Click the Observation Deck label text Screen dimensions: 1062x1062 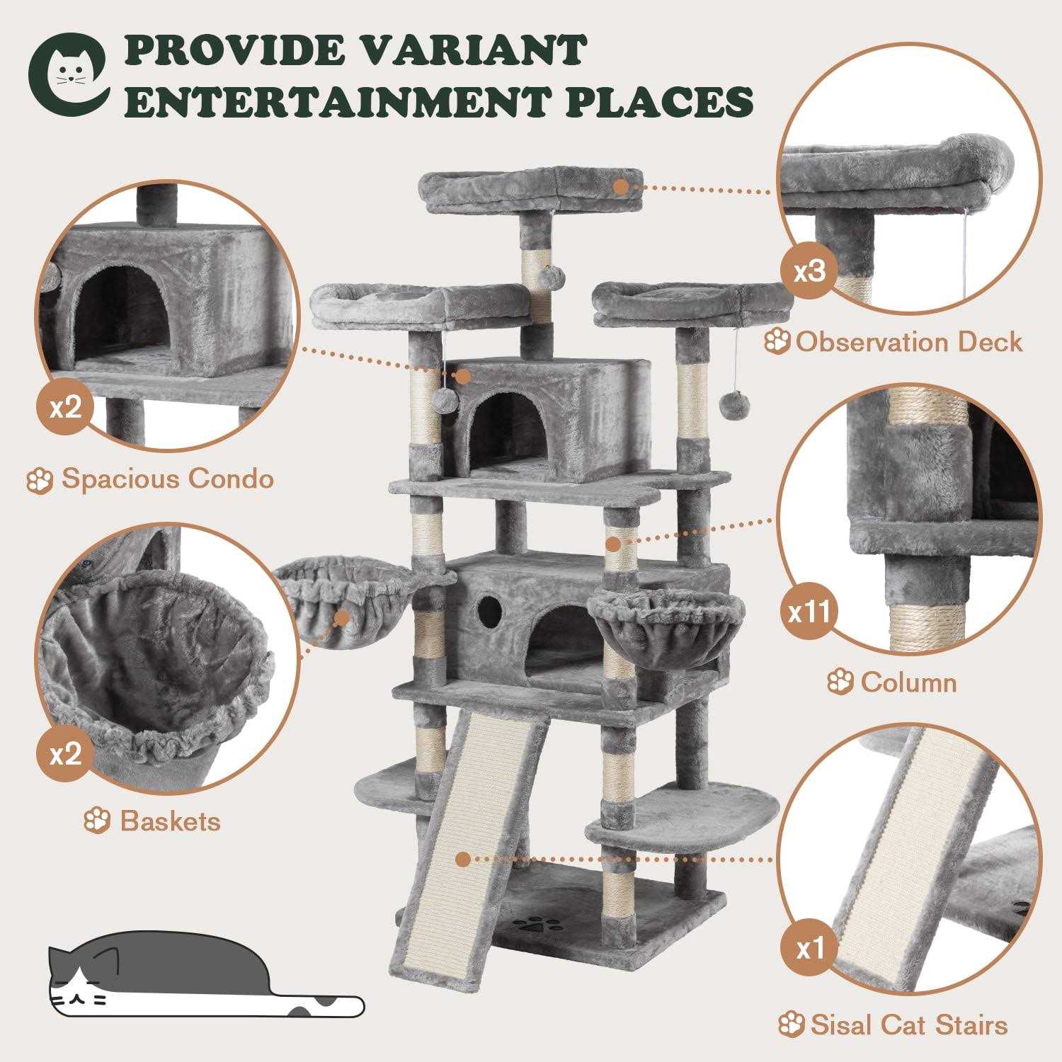(908, 343)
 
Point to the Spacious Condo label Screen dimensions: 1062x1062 (167, 479)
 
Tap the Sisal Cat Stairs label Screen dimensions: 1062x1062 (907, 1024)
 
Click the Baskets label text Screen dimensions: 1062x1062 (170, 821)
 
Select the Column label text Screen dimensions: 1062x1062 (908, 683)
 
